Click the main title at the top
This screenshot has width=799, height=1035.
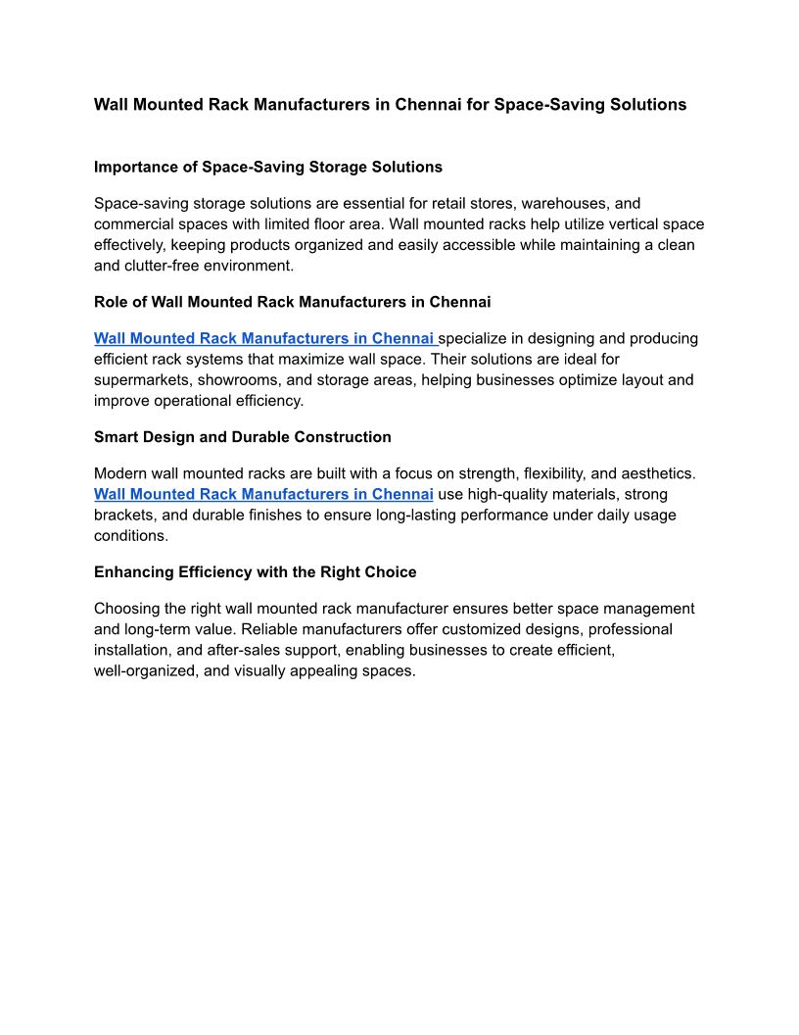tap(390, 104)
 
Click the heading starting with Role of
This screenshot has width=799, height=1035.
tap(292, 302)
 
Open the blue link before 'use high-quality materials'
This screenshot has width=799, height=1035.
tap(263, 494)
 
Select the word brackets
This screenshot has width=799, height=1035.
tap(125, 515)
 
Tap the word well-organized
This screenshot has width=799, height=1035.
tap(146, 670)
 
